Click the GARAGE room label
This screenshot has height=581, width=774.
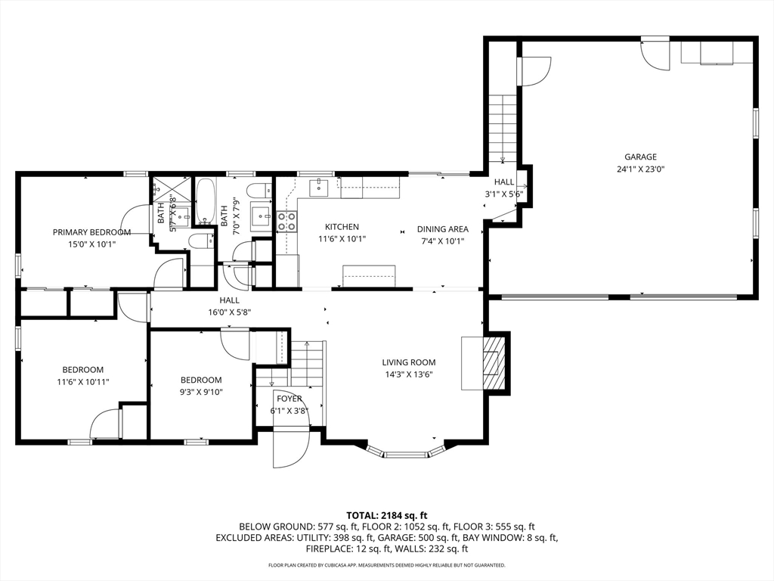pos(640,157)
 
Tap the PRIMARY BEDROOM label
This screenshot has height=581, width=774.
pos(91,232)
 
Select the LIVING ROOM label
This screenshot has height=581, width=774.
pos(409,362)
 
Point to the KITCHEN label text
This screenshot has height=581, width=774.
pos(342,227)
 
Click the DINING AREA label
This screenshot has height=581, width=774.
pos(443,229)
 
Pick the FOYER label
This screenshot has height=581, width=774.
pos(289,399)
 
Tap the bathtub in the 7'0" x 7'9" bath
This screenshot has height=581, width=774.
pos(205,201)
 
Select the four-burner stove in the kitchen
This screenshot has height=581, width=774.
pos(286,222)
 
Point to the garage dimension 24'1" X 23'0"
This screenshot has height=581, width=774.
pos(640,169)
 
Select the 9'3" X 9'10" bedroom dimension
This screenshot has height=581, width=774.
pos(201,393)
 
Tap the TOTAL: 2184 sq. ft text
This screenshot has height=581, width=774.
pos(386,516)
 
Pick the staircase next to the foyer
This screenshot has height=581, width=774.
pos(307,363)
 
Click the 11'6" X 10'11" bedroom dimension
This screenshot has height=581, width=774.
pos(83,382)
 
